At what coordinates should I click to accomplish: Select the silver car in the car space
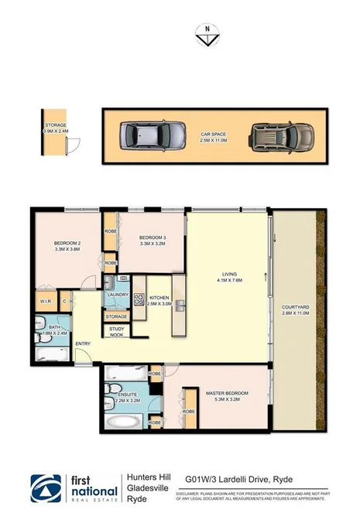153,136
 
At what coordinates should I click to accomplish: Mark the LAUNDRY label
118,294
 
